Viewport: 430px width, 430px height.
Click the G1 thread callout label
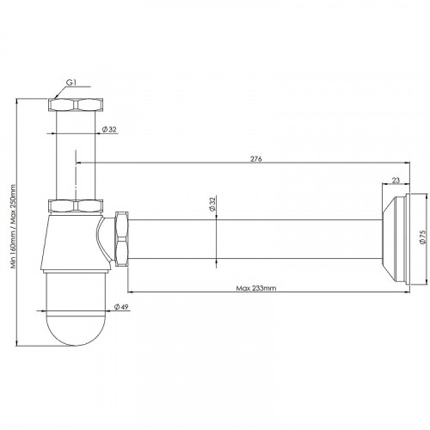point(71,83)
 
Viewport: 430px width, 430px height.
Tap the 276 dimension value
point(256,159)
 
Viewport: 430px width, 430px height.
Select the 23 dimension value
point(396,181)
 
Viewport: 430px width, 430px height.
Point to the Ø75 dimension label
point(422,236)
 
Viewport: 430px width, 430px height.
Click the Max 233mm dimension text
point(256,288)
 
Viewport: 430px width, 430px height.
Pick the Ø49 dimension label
point(121,307)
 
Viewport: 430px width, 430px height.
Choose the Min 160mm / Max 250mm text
point(13,226)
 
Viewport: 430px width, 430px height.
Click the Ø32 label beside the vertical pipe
point(109,130)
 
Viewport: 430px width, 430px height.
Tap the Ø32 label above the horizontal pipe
point(212,204)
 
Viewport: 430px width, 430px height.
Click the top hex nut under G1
point(76,105)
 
